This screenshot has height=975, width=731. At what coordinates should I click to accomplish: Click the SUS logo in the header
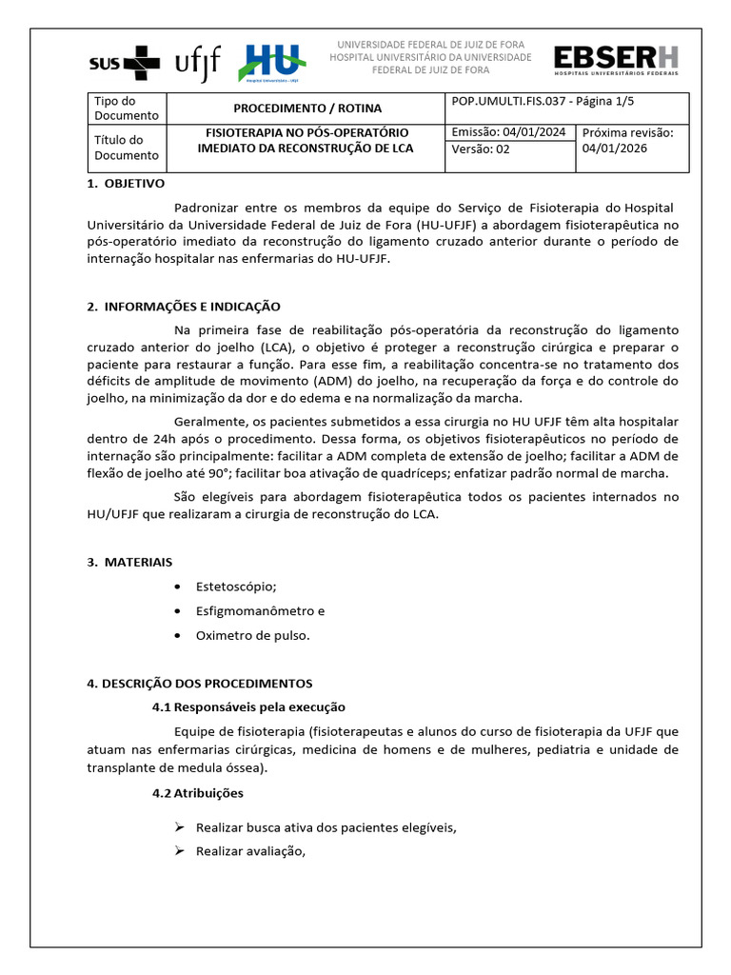tap(125, 64)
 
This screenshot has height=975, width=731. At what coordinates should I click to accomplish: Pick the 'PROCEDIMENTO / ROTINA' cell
tap(307, 109)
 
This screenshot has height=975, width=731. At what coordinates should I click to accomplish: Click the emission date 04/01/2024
tap(538, 132)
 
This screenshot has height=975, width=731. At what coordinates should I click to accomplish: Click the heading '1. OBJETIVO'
tap(126, 183)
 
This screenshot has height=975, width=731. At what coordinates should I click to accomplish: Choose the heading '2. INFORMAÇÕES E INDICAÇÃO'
tap(184, 307)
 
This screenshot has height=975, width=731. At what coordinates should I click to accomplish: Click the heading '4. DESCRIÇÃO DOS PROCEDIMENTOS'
tap(199, 684)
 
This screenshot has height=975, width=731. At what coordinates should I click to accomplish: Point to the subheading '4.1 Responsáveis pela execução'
tap(248, 707)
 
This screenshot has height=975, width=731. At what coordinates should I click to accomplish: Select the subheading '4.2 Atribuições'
tap(197, 793)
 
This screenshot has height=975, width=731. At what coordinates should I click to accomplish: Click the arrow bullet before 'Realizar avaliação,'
tap(178, 851)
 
